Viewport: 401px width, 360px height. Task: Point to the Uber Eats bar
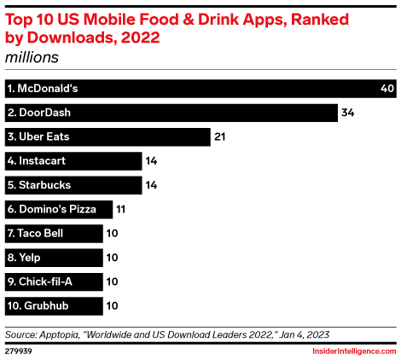click(107, 136)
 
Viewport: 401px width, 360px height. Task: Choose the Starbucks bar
click(73, 185)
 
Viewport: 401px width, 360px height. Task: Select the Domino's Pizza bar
click(58, 209)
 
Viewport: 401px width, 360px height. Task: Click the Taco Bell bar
click(53, 233)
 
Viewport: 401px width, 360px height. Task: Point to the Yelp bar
click(53, 257)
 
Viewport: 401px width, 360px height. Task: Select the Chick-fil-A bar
click(53, 281)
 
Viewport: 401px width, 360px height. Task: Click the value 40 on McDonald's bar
click(386, 89)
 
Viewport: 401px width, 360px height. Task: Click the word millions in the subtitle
click(32, 57)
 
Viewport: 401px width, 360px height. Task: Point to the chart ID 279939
click(18, 348)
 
